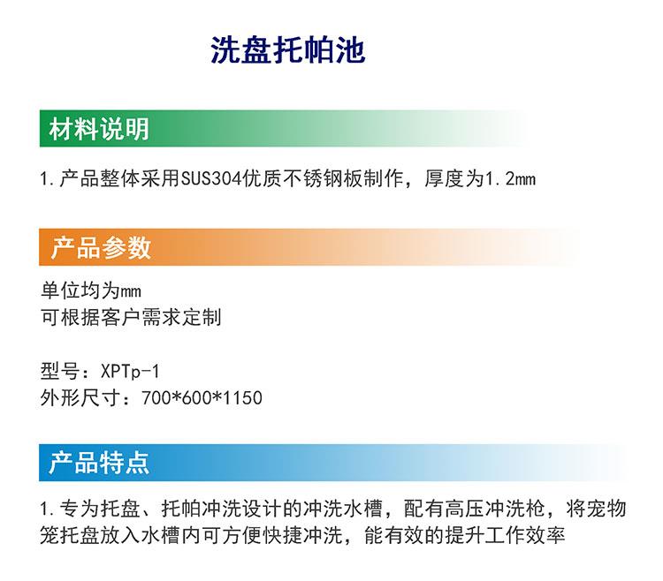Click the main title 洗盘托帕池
(x=287, y=50)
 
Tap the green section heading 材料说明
(x=99, y=129)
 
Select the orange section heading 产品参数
(x=101, y=247)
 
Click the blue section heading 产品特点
(x=99, y=463)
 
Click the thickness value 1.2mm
(x=510, y=179)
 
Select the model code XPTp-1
(x=130, y=372)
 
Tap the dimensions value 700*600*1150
(x=202, y=397)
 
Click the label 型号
(x=59, y=372)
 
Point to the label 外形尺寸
(x=80, y=397)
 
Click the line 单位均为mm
(x=91, y=290)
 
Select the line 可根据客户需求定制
(x=131, y=317)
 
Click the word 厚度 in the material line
(x=444, y=179)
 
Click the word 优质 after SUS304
(x=263, y=179)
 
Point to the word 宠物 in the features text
(x=606, y=509)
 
